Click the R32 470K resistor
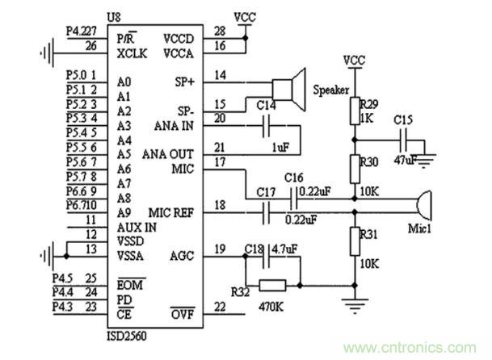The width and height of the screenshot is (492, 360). coord(274,284)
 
